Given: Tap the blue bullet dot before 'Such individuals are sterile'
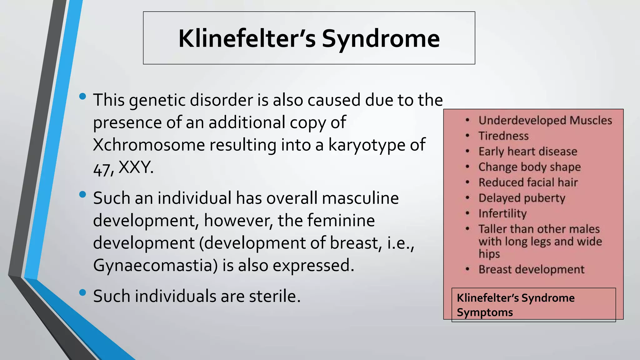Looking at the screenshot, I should (x=82, y=292).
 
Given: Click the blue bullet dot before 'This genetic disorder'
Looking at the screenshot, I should (x=82, y=96).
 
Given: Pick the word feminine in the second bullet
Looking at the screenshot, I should (x=341, y=221).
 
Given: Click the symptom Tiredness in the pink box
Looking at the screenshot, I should (x=503, y=136).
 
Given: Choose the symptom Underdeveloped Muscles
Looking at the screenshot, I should (x=545, y=120).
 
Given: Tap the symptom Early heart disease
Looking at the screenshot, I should (x=528, y=152).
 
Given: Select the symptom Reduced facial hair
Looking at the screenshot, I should (x=528, y=182).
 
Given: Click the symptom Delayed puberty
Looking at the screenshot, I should (x=522, y=198).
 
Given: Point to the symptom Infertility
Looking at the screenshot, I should (x=502, y=213).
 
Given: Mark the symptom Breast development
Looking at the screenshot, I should (x=531, y=269).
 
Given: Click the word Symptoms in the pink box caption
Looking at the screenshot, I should (x=485, y=312).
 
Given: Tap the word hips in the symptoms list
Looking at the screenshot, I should (x=489, y=254).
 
